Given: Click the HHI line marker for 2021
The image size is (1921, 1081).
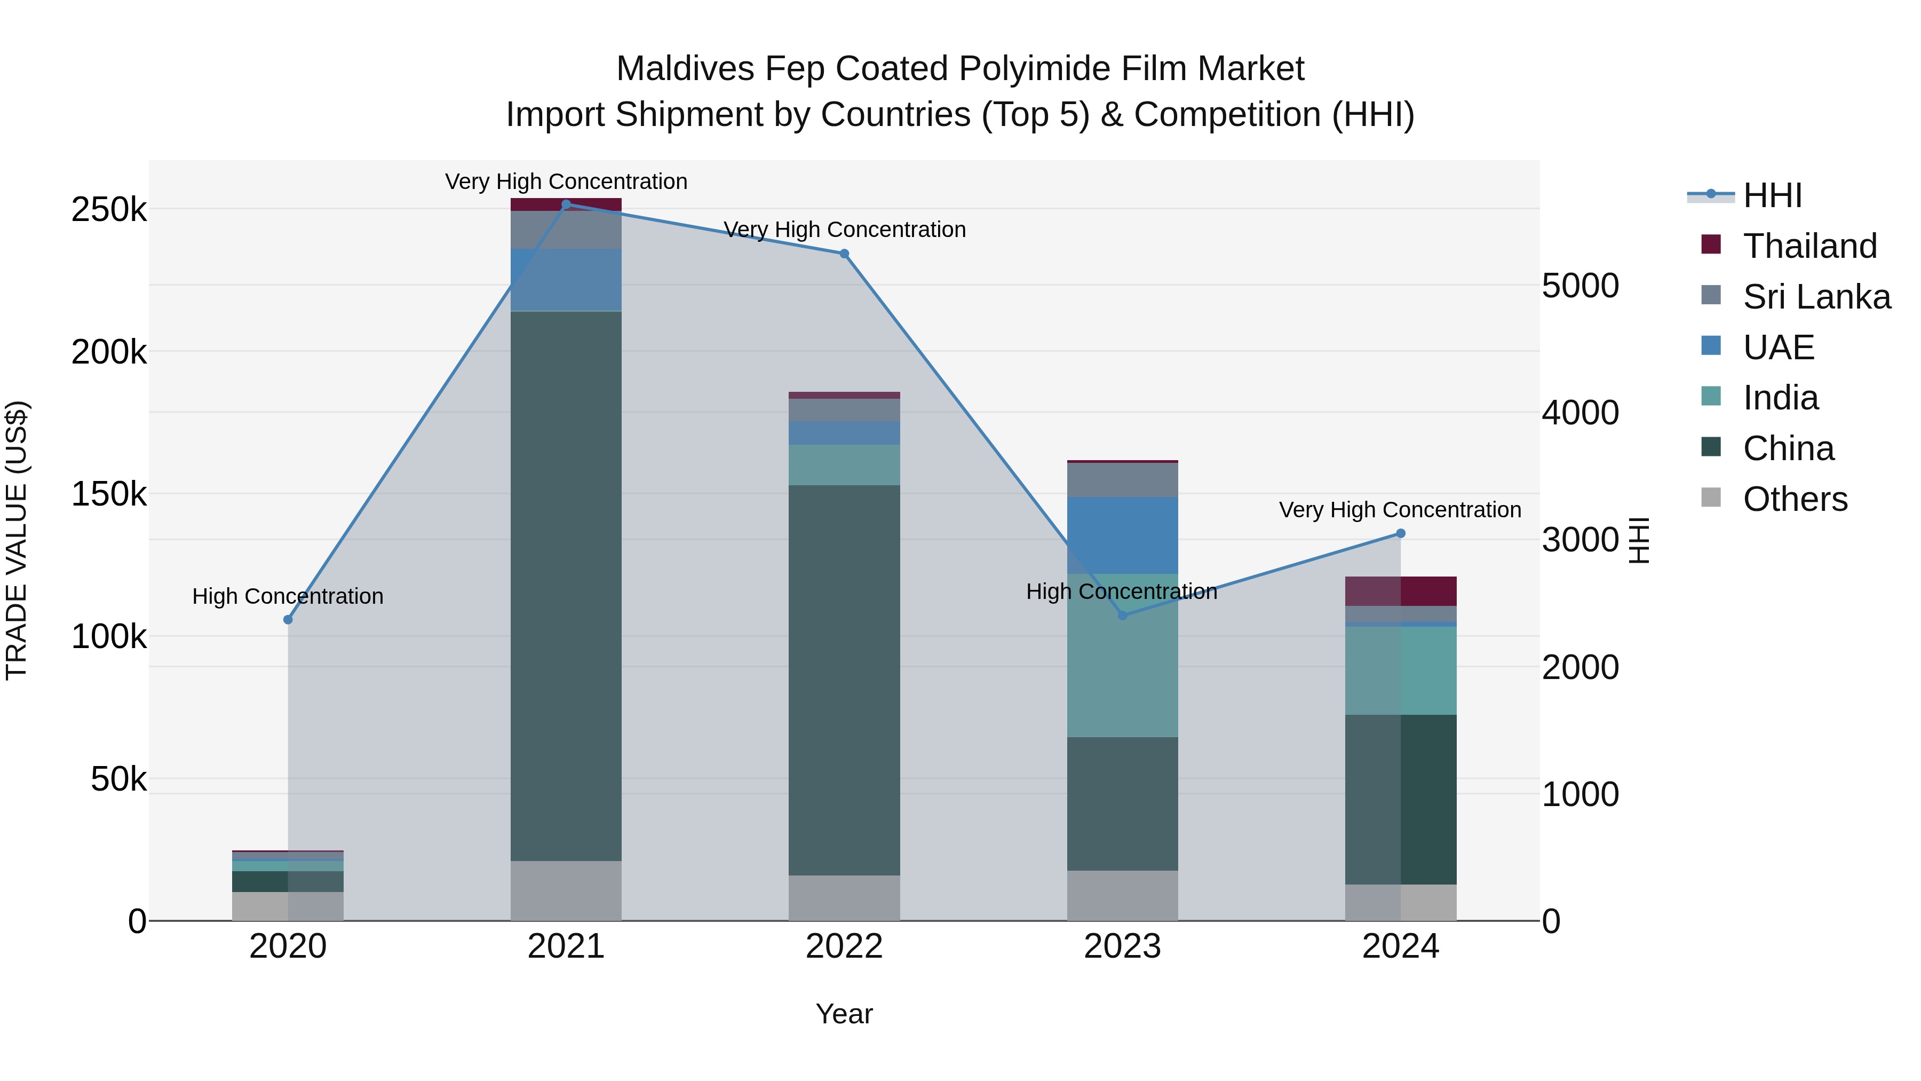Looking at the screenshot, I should [566, 204].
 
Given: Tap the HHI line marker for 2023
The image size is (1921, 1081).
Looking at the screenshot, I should [1122, 616].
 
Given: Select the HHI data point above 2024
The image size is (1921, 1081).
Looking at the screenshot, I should [1401, 533].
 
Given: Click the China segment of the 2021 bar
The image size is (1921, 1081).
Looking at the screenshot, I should [566, 586].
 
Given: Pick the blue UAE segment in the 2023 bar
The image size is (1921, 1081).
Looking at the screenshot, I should [1122, 535].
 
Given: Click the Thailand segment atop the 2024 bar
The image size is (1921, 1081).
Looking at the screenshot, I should [1401, 591].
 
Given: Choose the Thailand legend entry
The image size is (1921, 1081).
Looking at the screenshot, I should [1809, 246].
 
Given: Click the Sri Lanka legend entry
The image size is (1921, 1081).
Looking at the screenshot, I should [1816, 297].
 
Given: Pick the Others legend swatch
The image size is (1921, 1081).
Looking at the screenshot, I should [1711, 498].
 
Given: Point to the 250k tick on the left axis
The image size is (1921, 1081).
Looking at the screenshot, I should [109, 210].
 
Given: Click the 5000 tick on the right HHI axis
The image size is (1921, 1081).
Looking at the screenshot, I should [1579, 286].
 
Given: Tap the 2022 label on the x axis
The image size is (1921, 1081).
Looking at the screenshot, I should [844, 946].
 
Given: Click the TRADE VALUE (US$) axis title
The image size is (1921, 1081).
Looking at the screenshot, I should [17, 540].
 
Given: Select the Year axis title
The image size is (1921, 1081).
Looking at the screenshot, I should [844, 1014].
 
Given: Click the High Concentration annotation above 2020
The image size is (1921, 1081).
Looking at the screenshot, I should [288, 596].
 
